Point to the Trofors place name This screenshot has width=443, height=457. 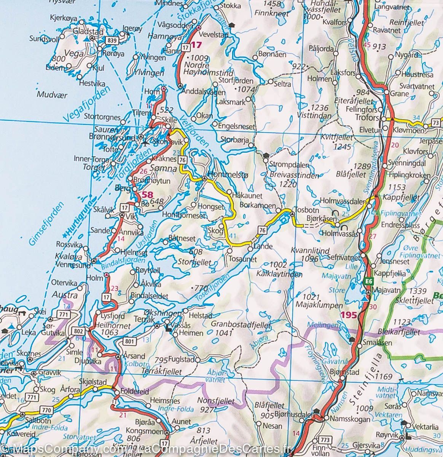pyautogui.click(x=367, y=118)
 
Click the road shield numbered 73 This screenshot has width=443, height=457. pyautogui.click(x=436, y=123)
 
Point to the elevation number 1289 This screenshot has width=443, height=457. pyautogui.click(x=361, y=166)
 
